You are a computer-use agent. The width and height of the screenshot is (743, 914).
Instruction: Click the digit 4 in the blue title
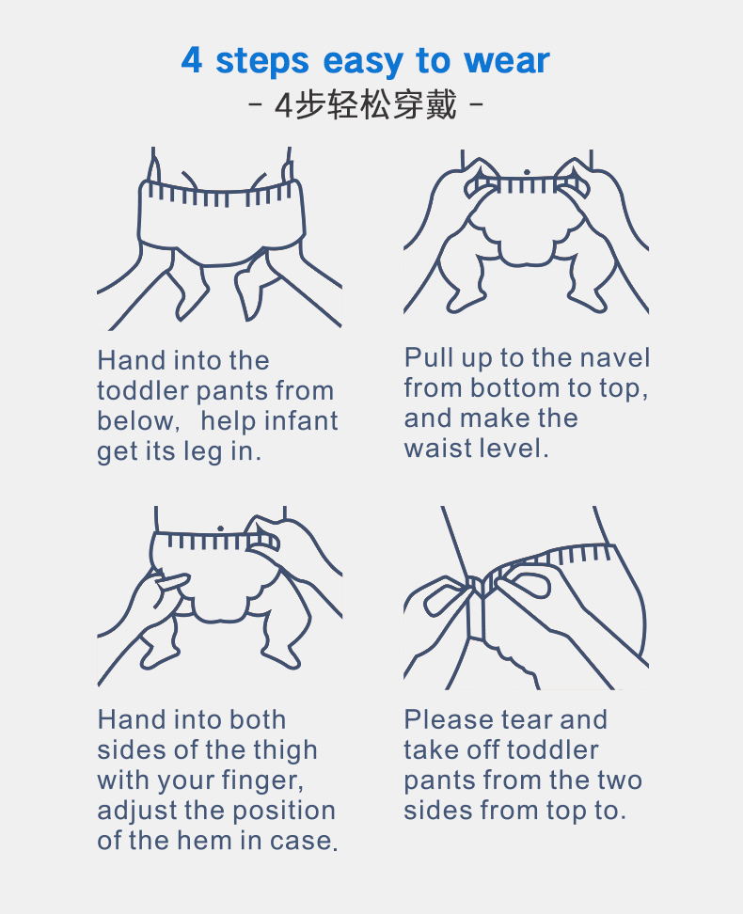[192, 59]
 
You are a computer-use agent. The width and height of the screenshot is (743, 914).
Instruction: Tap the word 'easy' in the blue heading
[362, 62]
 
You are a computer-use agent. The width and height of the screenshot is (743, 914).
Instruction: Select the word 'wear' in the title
[506, 60]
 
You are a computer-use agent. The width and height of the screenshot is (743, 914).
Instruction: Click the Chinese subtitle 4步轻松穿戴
[366, 105]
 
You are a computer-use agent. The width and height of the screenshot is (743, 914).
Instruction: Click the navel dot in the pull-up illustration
[527, 172]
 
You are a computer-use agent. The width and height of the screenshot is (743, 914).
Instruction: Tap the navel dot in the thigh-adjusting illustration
[220, 528]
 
